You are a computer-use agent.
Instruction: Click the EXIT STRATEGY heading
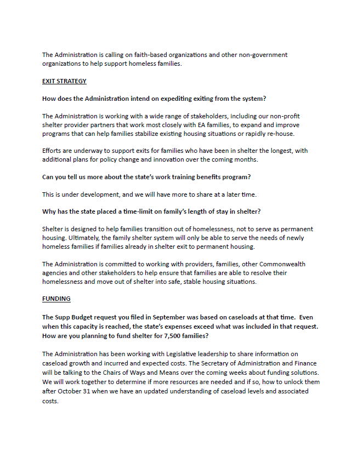[64, 81]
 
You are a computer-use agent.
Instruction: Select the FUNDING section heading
[56, 299]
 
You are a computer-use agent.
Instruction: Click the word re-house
[280, 134]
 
